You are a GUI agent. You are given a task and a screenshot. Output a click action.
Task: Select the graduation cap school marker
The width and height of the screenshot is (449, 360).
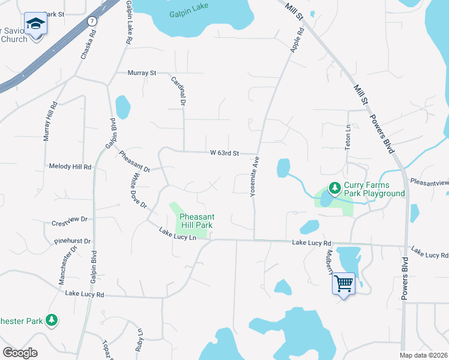35,25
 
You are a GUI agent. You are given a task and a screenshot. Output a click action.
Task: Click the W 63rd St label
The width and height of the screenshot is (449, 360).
224,153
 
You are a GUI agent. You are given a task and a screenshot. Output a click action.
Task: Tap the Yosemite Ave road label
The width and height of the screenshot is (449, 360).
255,175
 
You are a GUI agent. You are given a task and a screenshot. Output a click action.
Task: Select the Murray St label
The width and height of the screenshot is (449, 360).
142,73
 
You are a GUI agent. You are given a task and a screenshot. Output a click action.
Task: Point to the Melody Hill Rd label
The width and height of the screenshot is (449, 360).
70,166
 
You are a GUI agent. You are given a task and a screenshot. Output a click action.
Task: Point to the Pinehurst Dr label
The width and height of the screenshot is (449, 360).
72,241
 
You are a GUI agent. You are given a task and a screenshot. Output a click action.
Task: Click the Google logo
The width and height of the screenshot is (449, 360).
20,353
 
